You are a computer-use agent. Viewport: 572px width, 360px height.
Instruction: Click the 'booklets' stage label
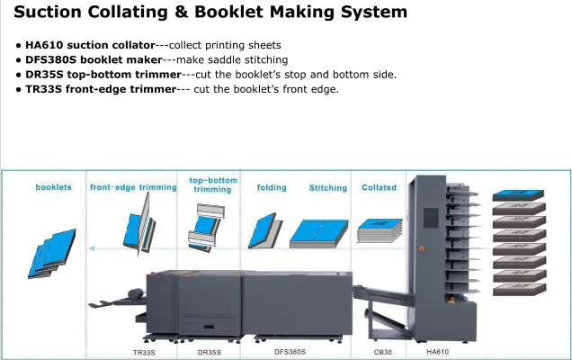click(x=53, y=187)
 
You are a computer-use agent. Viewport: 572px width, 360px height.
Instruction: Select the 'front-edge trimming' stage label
click(x=133, y=187)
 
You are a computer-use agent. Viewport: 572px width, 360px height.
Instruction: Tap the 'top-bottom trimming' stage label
click(x=213, y=184)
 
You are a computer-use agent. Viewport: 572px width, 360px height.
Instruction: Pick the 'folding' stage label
click(x=272, y=187)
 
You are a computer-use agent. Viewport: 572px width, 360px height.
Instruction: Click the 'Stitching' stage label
click(x=327, y=187)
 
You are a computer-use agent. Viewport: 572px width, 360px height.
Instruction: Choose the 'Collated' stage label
click(x=379, y=187)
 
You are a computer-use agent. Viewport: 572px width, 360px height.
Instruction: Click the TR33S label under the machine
click(x=143, y=352)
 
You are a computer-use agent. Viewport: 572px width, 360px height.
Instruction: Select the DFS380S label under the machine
click(x=290, y=352)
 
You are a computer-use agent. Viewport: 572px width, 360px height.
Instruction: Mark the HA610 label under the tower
click(x=438, y=352)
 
